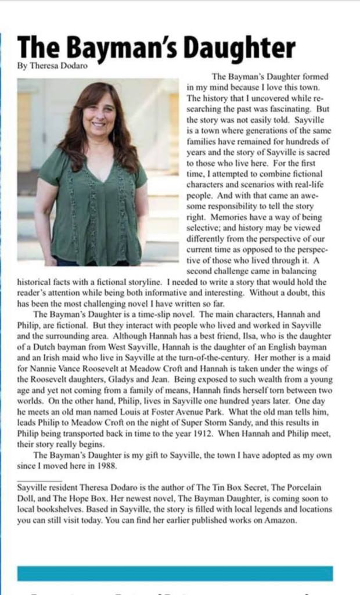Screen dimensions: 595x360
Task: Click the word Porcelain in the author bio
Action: pyautogui.click(x=311, y=488)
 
